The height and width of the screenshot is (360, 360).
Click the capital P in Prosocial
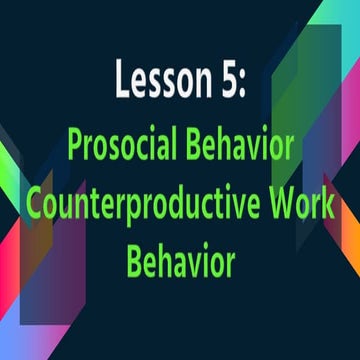coord(74,147)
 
